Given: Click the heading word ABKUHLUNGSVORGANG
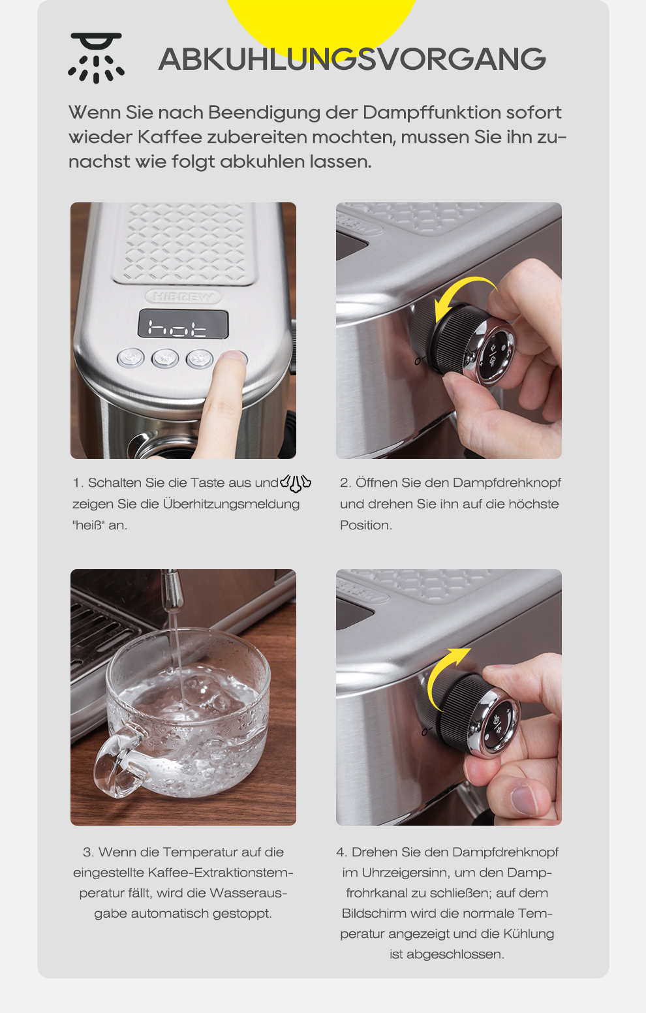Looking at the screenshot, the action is tap(352, 59).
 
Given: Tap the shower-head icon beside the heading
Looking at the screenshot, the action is tap(97, 58).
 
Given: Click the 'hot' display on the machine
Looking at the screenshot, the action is tap(183, 324).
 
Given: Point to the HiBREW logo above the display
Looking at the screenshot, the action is tap(183, 297).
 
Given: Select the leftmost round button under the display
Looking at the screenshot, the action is tap(131, 358).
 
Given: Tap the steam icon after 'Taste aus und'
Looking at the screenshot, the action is tap(296, 483).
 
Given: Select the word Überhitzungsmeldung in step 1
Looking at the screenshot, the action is tap(231, 504).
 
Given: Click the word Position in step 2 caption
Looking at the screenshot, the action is tap(365, 525).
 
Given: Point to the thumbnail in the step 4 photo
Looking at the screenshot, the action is tap(525, 800).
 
